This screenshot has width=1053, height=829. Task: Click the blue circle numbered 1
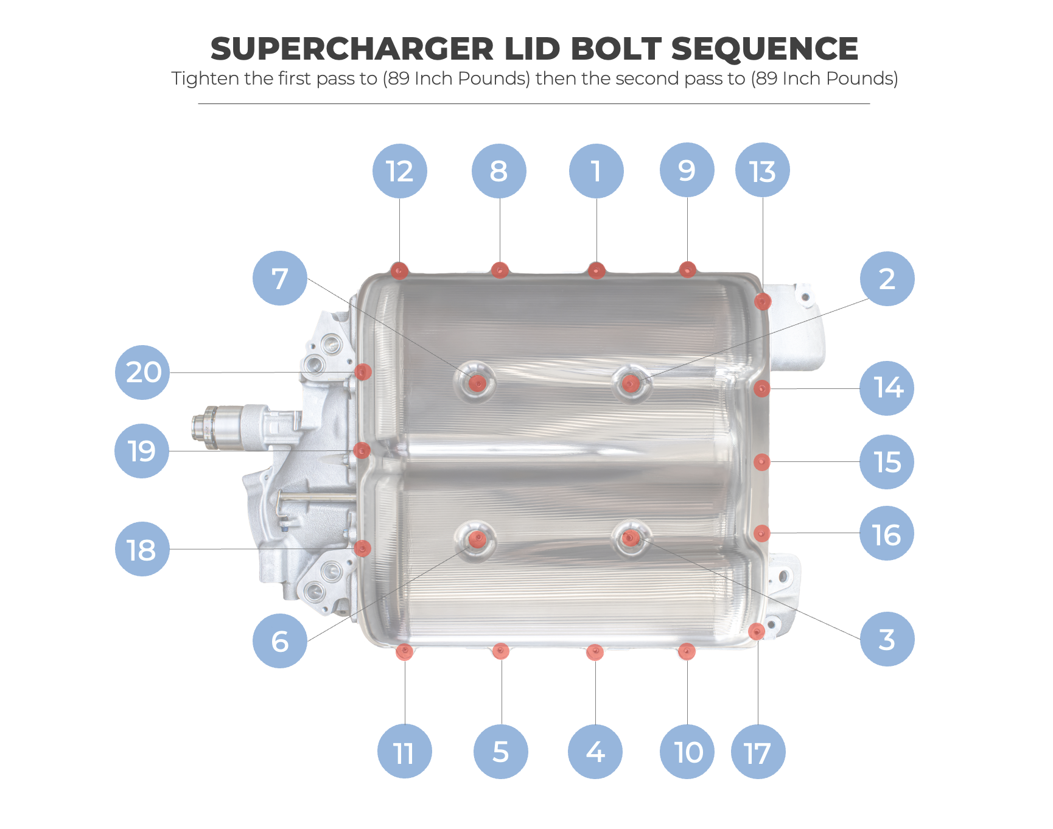point(596,171)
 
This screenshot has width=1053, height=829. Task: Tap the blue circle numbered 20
point(142,372)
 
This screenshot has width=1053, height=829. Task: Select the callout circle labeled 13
point(762,170)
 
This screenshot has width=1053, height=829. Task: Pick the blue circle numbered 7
point(279,278)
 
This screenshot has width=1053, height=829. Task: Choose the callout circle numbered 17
point(758,752)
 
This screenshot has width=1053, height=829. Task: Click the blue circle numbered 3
point(887,639)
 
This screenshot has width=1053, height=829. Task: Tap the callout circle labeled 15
point(887,461)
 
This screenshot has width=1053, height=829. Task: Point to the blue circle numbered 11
point(404,752)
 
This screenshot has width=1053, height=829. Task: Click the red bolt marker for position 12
point(399,270)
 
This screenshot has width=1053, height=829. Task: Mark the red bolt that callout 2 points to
point(631,383)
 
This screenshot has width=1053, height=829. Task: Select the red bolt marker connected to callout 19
point(362,450)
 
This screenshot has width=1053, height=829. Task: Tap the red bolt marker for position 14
point(761,388)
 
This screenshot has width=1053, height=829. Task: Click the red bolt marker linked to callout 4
point(595,652)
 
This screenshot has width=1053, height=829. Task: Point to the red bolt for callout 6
point(477,539)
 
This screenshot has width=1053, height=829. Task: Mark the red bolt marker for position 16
point(761,534)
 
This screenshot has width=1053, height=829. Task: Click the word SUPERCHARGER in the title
point(352,49)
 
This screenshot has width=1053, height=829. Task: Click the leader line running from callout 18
point(262,549)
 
